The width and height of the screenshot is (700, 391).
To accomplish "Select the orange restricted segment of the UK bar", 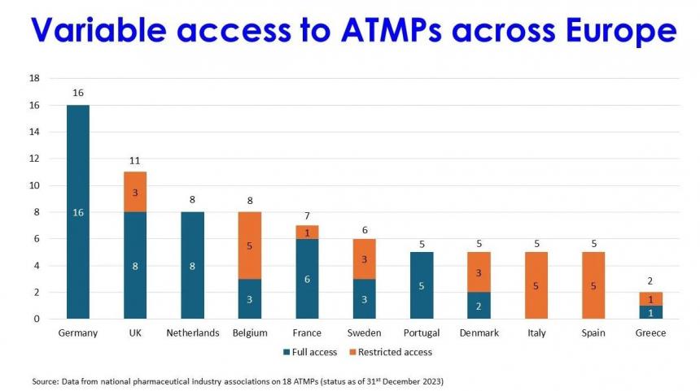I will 135,192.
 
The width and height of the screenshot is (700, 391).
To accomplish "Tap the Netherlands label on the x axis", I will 192,333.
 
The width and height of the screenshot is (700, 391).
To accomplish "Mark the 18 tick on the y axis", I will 34,78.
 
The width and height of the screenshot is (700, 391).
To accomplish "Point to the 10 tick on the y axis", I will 34,185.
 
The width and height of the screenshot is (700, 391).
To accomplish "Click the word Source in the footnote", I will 47,380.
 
